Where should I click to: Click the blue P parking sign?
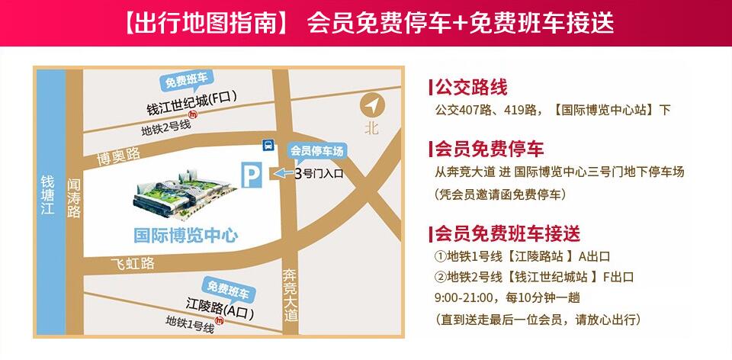click(251, 175)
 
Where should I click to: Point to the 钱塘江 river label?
click(48, 198)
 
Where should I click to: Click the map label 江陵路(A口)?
click(220, 312)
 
